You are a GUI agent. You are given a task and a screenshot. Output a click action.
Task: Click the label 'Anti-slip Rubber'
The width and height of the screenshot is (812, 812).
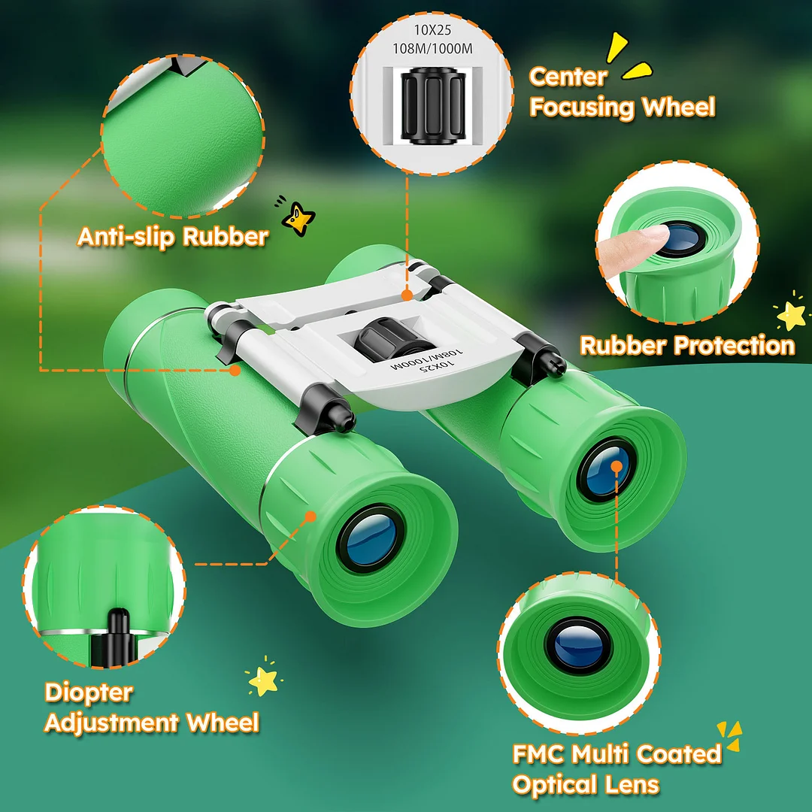[x=172, y=237]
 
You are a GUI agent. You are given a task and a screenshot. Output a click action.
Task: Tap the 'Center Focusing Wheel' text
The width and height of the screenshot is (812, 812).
[x=621, y=92]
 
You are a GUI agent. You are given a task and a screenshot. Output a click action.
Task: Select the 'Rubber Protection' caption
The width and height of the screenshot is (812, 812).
[x=686, y=346]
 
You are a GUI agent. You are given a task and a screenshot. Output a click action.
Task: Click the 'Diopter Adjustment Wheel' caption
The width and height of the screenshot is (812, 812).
[x=151, y=707]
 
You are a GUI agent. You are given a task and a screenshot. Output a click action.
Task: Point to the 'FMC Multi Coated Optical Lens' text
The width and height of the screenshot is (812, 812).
[x=617, y=768]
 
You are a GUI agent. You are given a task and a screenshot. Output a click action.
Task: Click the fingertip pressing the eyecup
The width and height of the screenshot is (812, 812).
[x=640, y=241]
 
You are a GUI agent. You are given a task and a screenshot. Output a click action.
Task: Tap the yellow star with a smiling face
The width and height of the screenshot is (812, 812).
[x=298, y=219]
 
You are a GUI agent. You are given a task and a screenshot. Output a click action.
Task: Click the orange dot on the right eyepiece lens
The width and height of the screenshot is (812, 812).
[x=617, y=466]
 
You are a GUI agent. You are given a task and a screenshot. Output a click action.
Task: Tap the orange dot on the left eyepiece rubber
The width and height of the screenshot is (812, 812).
[x=309, y=516]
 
